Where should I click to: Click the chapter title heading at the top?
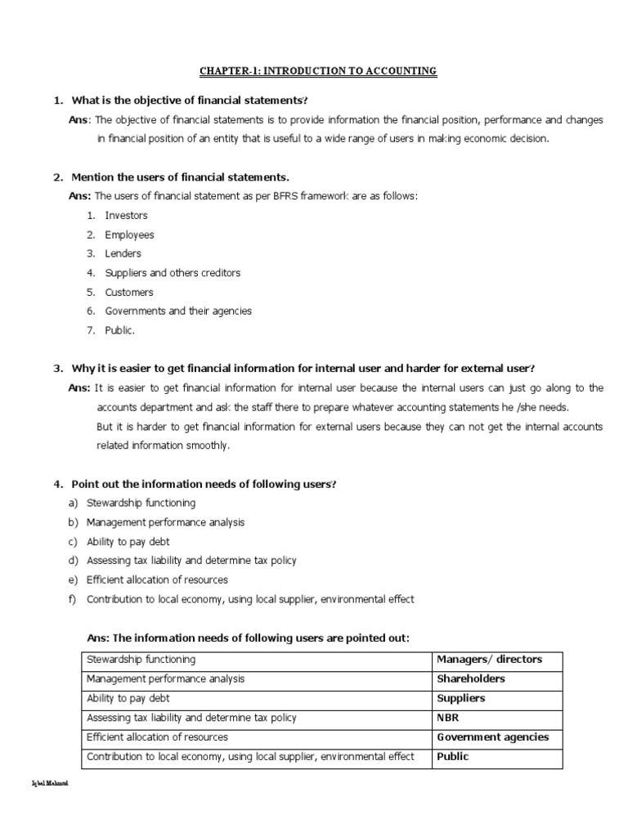coord(318,72)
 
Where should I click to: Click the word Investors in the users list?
coord(126,216)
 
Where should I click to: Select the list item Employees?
coord(129,235)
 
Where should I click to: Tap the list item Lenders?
coord(123,253)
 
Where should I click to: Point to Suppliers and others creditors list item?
coord(173,273)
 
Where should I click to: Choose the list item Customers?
coord(128,292)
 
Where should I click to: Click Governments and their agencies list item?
coord(178,311)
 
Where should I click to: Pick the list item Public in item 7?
coord(119,330)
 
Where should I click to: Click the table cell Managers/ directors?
coord(489,660)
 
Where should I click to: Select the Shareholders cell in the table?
coord(471,679)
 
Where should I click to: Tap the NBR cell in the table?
coord(449,718)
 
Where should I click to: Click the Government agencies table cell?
coord(493,737)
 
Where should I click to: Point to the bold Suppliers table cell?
coord(461,699)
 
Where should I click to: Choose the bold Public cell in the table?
coord(453,757)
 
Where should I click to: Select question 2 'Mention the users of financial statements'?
coord(180,177)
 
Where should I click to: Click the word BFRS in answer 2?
coord(262,196)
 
